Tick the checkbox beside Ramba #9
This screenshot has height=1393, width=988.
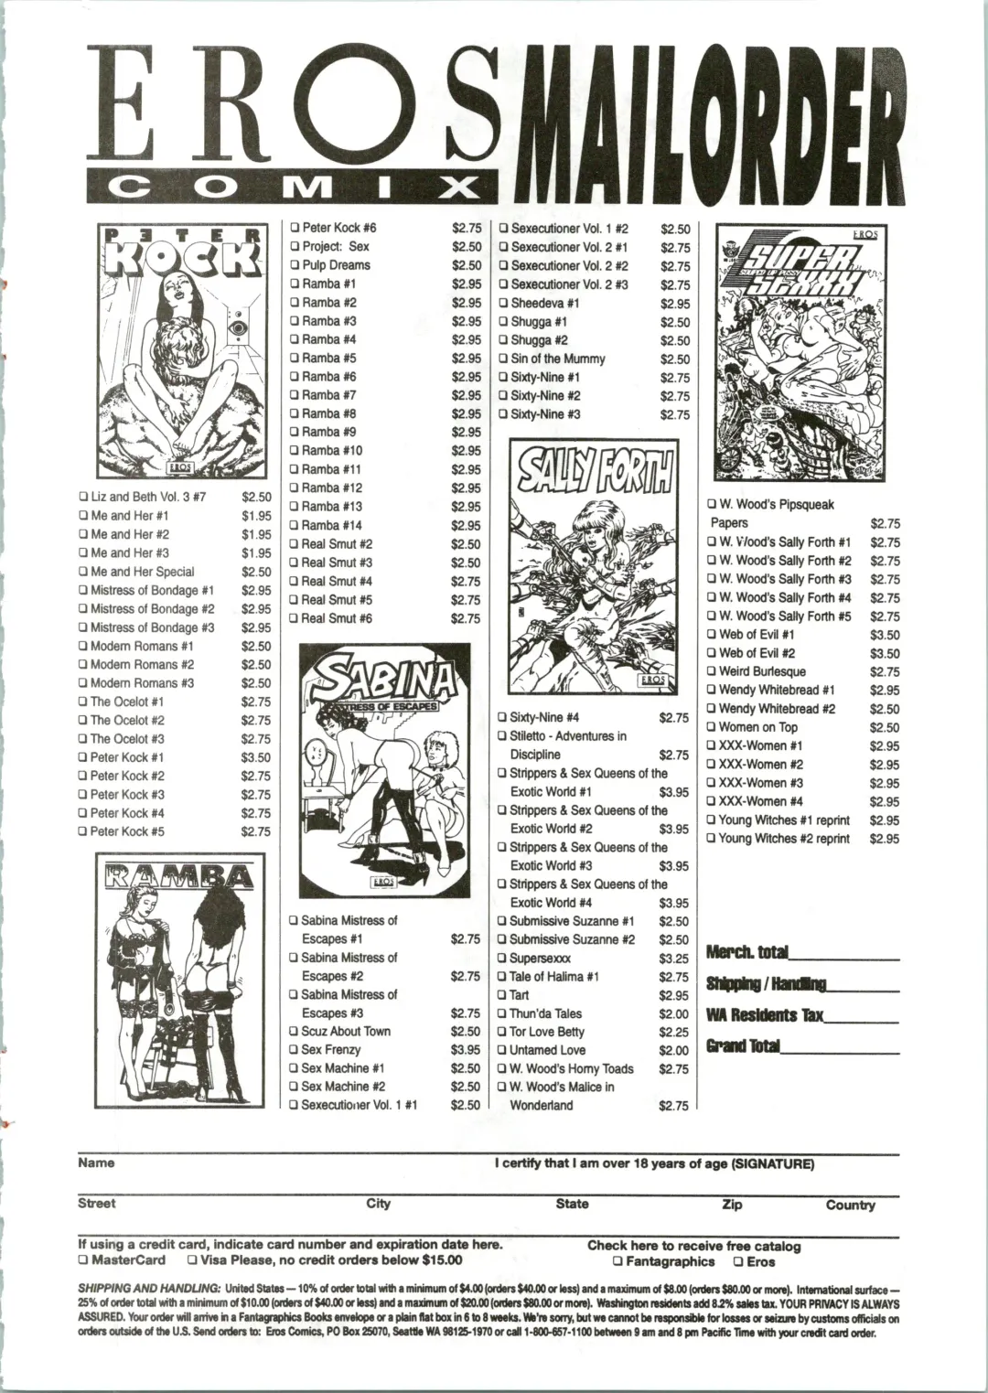point(295,433)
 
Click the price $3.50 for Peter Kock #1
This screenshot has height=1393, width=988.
point(256,757)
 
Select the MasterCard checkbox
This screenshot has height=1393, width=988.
point(83,1260)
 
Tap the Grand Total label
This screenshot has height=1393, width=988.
point(742,1046)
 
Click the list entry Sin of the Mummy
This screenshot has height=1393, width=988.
point(557,359)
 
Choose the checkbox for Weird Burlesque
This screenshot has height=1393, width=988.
point(711,672)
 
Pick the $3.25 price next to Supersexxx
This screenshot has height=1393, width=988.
point(673,959)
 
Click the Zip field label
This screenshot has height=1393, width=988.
point(732,1205)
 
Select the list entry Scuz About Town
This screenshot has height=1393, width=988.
point(346,1032)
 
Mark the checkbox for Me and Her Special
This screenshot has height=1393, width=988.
point(83,573)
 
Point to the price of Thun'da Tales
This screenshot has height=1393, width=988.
point(673,1013)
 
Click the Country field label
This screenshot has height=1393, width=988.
point(850,1205)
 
